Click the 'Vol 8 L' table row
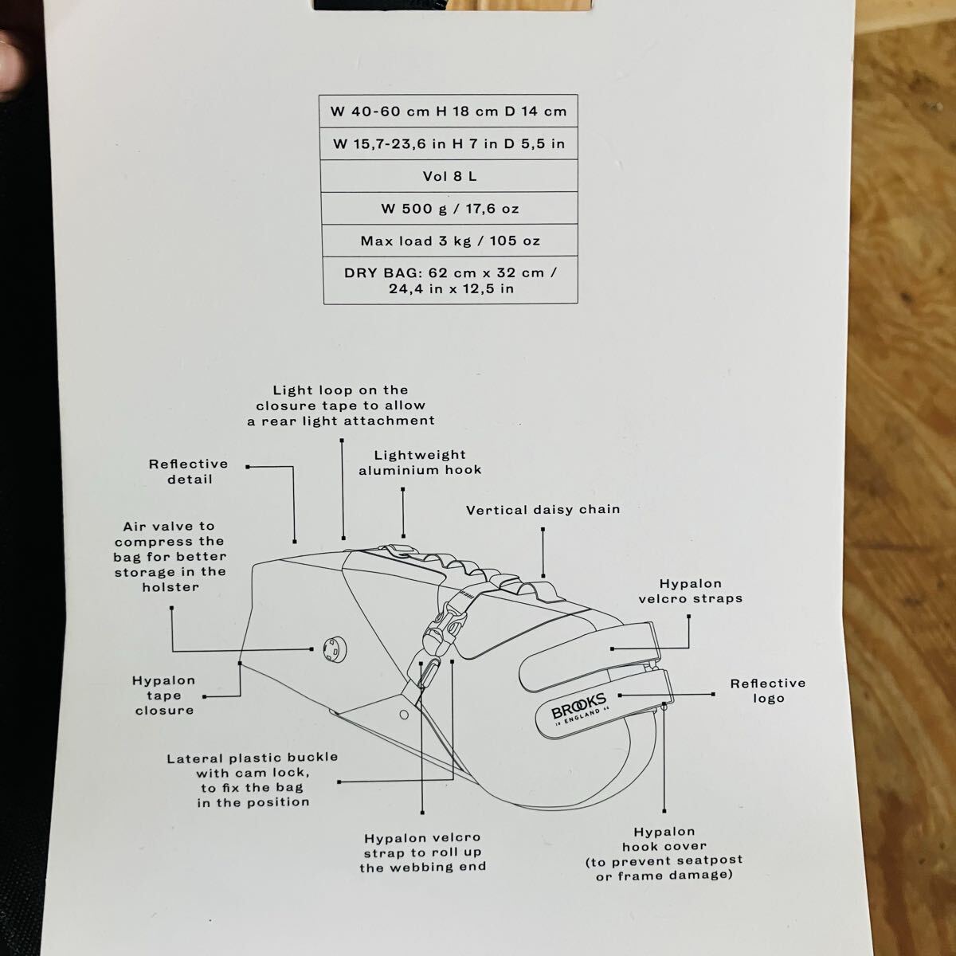(449, 176)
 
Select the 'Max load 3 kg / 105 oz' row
(450, 241)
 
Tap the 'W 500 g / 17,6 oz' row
(449, 209)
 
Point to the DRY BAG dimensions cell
(450, 280)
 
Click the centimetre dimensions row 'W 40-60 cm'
(449, 111)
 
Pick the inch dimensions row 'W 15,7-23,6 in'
(449, 144)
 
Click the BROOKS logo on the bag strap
(578, 708)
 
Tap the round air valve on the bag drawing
(335, 649)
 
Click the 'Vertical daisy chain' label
(543, 510)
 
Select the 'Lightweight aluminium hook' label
(420, 462)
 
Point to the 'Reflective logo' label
(768, 691)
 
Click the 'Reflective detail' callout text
(189, 472)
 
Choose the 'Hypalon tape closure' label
(164, 695)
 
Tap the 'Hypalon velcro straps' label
(691, 591)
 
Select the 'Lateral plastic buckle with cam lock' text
(253, 780)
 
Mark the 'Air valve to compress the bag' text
(170, 556)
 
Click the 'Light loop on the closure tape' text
(341, 406)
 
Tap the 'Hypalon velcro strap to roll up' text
(423, 852)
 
